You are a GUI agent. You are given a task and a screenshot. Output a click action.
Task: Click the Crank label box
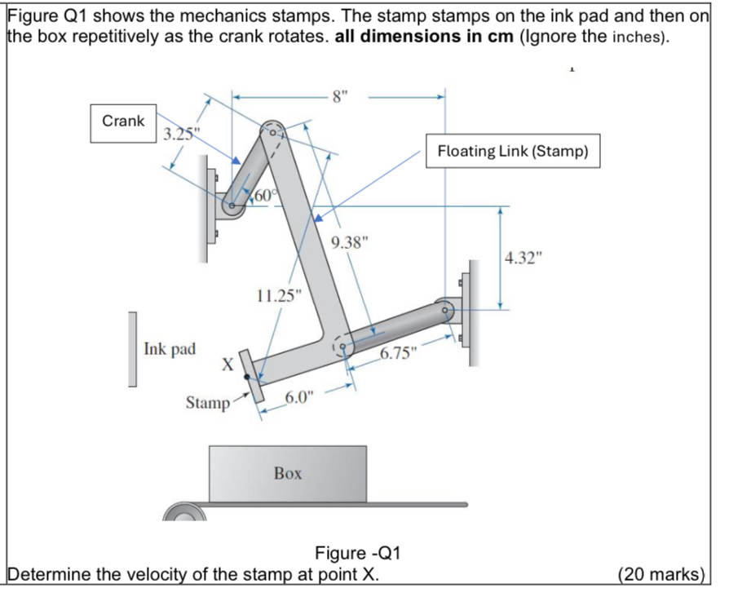[123, 121]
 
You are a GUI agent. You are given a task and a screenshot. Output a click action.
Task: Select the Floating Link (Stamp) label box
[512, 151]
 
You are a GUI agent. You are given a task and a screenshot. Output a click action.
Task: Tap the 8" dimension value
[339, 96]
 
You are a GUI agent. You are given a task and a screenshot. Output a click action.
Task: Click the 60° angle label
[267, 195]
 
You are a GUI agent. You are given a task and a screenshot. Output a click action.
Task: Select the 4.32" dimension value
[523, 259]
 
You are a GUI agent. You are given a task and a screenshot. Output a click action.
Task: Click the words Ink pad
[170, 349]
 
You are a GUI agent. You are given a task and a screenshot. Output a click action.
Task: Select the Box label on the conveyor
[288, 473]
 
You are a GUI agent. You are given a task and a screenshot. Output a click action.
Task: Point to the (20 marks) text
[661, 573]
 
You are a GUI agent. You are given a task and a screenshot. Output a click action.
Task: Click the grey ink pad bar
[132, 348]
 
